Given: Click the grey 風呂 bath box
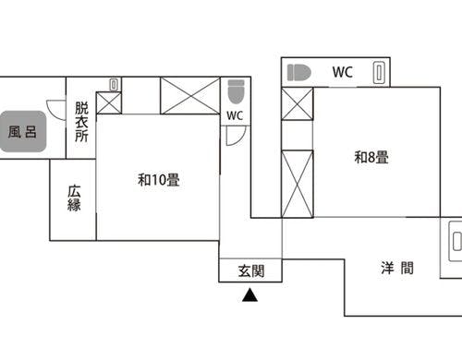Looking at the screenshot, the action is click(x=24, y=131).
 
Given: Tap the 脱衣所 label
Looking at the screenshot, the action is click(x=81, y=121).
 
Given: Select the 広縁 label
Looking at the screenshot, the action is click(x=74, y=198).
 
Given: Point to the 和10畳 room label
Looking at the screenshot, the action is click(x=158, y=180).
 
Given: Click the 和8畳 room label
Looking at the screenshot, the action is click(x=371, y=157).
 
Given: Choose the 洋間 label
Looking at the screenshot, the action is click(x=396, y=270).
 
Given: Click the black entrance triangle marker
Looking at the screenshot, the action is click(x=249, y=296).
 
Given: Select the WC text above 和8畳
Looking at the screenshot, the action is click(x=343, y=72).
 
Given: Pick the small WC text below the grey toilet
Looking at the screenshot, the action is click(x=235, y=115).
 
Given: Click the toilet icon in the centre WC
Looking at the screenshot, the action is click(x=235, y=91).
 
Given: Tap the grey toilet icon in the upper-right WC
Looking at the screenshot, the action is click(x=298, y=72).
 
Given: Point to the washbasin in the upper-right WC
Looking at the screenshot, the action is click(x=378, y=72).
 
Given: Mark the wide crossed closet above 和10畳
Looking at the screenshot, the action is click(x=190, y=96).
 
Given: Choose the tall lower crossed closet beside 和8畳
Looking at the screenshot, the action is click(x=298, y=182).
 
